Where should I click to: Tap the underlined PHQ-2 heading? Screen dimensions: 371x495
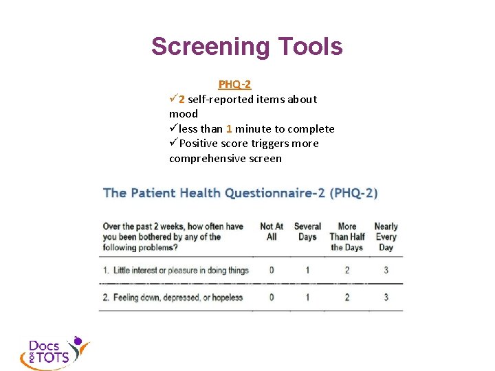(234, 85)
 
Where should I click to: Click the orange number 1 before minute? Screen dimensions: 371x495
(229, 128)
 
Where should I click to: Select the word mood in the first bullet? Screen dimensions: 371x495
(184, 114)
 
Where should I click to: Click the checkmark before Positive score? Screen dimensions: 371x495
(173, 143)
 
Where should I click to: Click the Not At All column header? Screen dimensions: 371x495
(272, 232)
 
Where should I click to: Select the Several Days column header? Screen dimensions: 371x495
(307, 232)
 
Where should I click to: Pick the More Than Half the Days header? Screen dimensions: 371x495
(347, 236)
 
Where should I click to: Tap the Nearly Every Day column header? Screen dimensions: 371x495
(386, 236)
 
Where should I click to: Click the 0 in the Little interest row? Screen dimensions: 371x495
(272, 270)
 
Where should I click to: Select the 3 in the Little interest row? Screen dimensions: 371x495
(386, 270)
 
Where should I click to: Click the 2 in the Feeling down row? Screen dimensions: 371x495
(347, 297)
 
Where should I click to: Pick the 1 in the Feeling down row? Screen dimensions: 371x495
(307, 297)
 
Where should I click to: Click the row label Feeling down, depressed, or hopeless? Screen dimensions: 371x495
(173, 297)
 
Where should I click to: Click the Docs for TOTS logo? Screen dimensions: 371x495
(54, 352)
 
